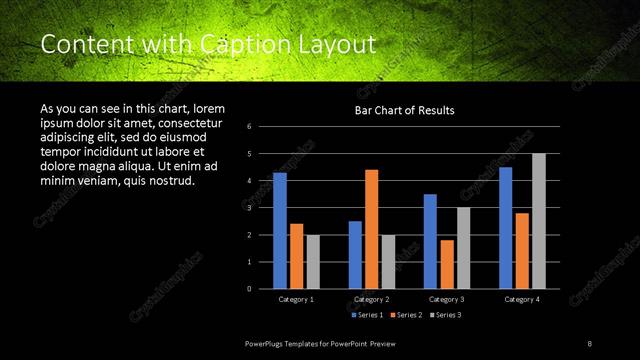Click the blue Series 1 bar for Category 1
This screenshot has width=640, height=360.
pyautogui.click(x=280, y=230)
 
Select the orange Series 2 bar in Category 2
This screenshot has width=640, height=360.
pyautogui.click(x=371, y=228)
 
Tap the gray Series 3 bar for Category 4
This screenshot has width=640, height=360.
pyautogui.click(x=539, y=220)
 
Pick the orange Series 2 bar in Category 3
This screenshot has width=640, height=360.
pyautogui.click(x=446, y=264)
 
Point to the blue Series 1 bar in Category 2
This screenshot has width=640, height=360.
pyautogui.click(x=355, y=254)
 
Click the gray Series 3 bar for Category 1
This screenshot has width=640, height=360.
pyautogui.click(x=312, y=261)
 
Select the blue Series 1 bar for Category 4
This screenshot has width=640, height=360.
pyautogui.click(x=506, y=227)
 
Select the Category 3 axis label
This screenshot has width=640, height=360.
pyautogui.click(x=446, y=299)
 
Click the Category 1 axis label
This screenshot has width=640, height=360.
pyautogui.click(x=296, y=299)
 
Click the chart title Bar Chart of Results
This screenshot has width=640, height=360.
pyautogui.click(x=404, y=110)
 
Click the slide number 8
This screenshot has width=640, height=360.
pyautogui.click(x=589, y=343)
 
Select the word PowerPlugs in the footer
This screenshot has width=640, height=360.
pyautogui.click(x=266, y=343)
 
